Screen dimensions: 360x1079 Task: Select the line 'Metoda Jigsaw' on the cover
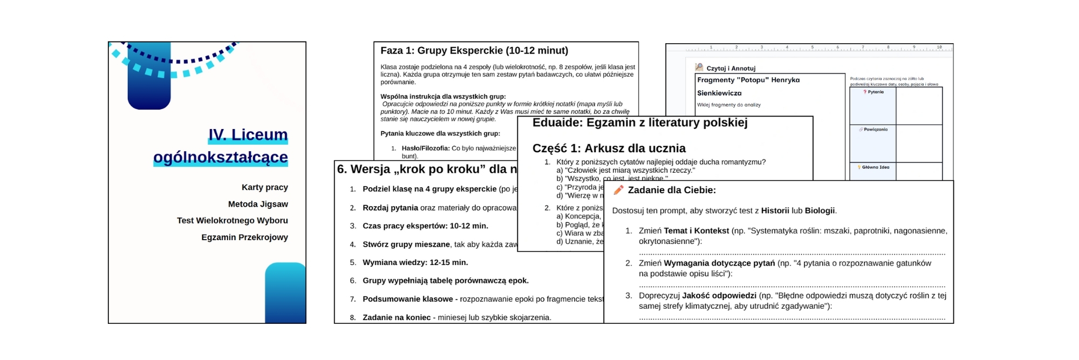[258, 204]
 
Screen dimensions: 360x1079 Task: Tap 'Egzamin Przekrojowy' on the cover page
[244, 237]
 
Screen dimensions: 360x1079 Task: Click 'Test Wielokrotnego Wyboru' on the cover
[232, 220]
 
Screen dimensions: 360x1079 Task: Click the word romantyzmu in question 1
[743, 162]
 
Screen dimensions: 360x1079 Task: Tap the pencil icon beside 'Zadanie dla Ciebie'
[618, 190]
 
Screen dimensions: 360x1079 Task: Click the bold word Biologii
[820, 210]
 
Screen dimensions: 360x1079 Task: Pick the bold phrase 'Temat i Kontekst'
[696, 230]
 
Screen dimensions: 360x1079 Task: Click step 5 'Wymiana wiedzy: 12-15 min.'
[415, 262]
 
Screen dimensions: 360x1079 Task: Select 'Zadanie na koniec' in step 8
[396, 317]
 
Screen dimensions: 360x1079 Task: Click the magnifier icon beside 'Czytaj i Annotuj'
[699, 67]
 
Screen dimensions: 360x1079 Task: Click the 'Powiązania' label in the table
[875, 130]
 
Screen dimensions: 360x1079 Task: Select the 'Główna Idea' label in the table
[875, 167]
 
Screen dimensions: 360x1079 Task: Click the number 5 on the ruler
[812, 47]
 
